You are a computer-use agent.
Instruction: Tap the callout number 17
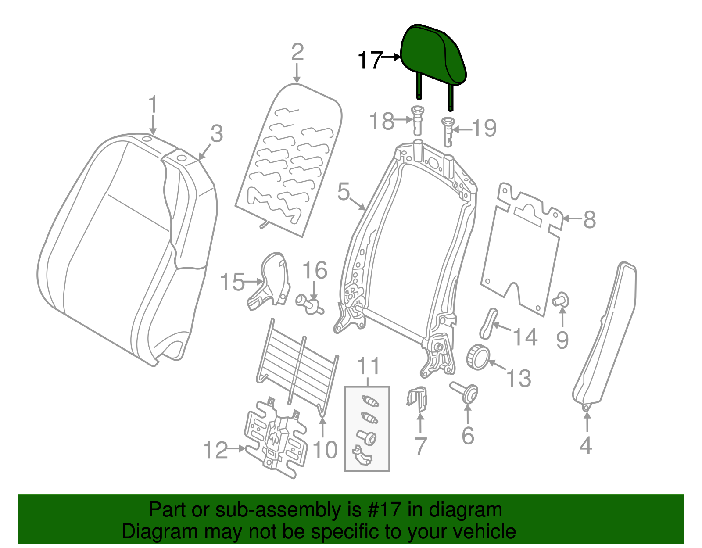coord(370,60)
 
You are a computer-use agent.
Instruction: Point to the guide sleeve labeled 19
coord(448,131)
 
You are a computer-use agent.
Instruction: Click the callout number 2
coord(297,52)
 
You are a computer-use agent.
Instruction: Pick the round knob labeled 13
coord(477,356)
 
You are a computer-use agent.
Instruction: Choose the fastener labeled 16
coord(310,304)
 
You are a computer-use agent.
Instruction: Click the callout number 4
coord(586,445)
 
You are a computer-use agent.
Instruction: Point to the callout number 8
coord(589,219)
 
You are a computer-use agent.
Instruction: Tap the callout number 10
coord(325,449)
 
